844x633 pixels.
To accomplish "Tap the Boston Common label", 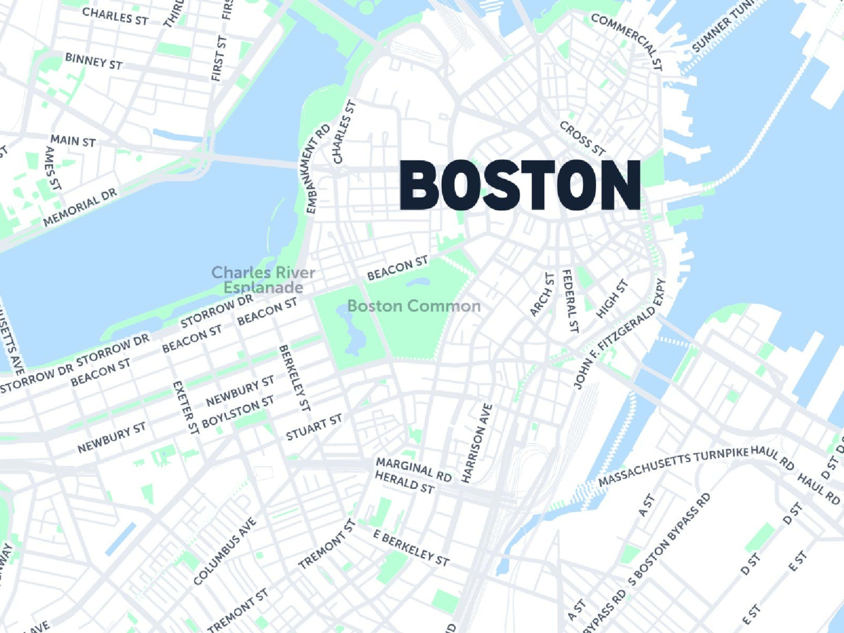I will point(414,306).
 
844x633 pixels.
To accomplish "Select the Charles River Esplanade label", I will point(263,279).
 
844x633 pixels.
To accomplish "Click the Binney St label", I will point(93,61).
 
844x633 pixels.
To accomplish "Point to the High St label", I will point(612,299).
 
